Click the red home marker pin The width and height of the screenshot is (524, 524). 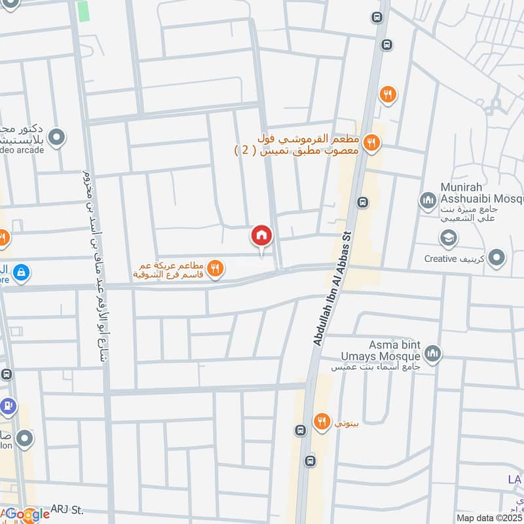(261, 236)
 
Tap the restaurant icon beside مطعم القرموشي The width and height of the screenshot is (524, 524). (371, 142)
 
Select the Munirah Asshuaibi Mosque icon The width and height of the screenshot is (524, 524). (428, 199)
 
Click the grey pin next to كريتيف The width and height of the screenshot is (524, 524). (498, 257)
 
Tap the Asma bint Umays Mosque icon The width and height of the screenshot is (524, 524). (432, 355)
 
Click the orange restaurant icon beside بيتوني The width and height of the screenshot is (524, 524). (321, 422)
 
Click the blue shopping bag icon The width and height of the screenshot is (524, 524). (21, 272)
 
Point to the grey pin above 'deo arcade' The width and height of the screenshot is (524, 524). (57, 138)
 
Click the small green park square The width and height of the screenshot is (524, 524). (83, 11)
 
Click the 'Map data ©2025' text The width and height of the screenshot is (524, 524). (489, 517)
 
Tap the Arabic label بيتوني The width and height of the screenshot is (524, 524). (346, 422)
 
